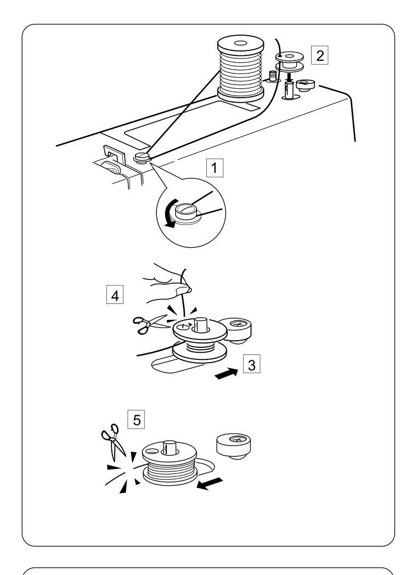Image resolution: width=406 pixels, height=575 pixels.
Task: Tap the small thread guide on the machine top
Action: [142, 160]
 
